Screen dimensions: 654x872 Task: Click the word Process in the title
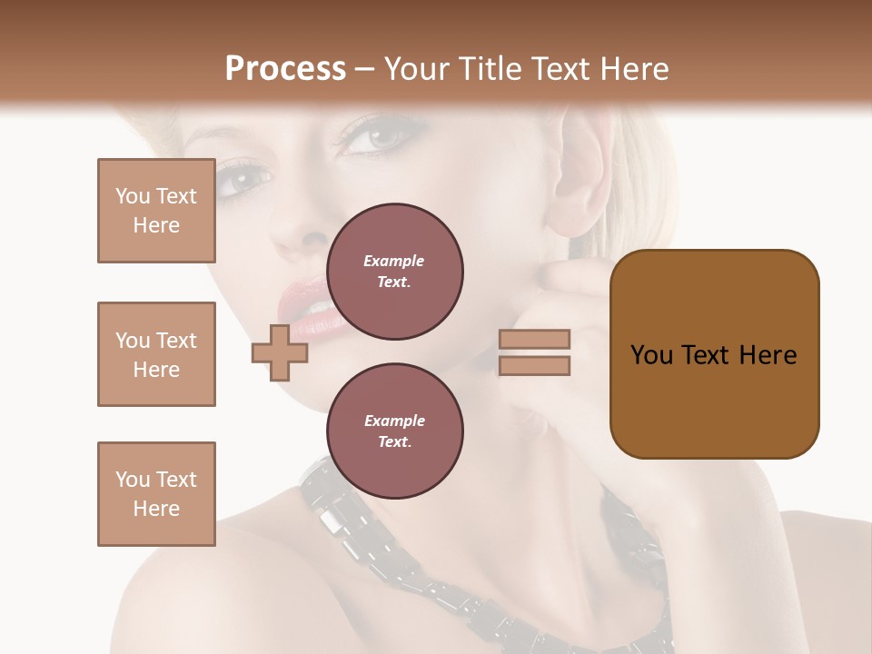(x=285, y=68)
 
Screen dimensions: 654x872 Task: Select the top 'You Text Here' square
(x=156, y=211)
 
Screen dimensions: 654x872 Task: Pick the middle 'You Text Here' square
(x=156, y=354)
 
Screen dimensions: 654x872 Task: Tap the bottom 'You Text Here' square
(x=156, y=494)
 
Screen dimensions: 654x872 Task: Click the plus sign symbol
(x=280, y=352)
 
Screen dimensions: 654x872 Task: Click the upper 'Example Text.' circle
(x=395, y=272)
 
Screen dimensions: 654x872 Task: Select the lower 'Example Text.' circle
(x=395, y=431)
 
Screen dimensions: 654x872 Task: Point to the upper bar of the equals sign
(x=534, y=339)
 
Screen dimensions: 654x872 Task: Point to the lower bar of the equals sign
(x=534, y=366)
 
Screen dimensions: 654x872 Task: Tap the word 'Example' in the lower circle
(x=394, y=421)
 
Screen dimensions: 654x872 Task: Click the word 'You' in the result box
(x=652, y=355)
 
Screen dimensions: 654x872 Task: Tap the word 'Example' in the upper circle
(x=394, y=261)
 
